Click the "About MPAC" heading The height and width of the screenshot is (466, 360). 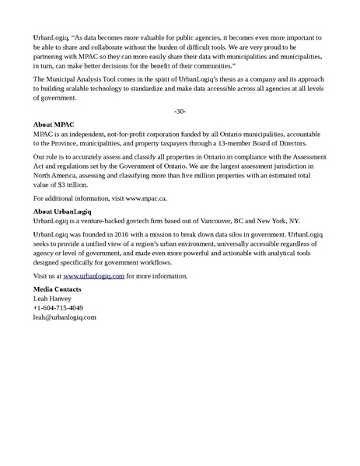click(x=54, y=124)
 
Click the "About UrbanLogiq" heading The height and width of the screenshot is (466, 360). click(x=62, y=211)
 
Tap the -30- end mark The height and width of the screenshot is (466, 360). click(x=180, y=110)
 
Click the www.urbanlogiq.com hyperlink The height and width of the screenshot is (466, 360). click(x=94, y=276)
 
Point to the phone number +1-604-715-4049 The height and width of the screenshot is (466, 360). click(x=59, y=308)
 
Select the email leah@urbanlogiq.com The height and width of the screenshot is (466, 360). click(x=65, y=317)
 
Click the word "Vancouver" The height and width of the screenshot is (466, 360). click(x=239, y=221)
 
